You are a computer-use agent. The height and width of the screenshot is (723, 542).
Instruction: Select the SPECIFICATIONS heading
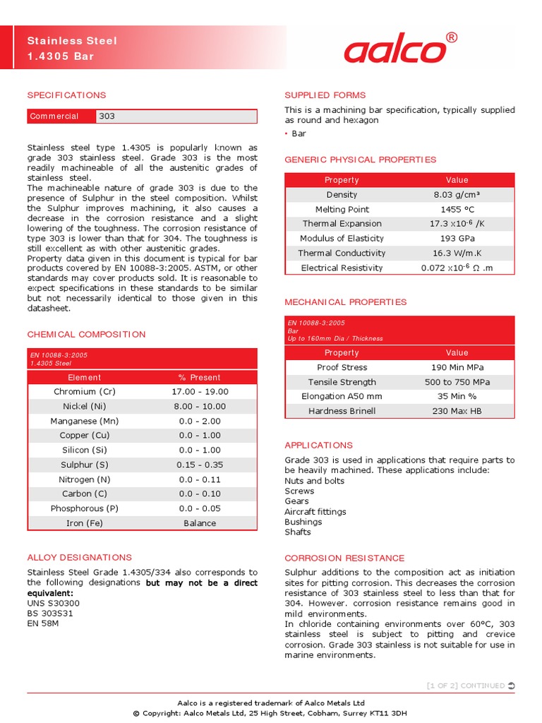66,95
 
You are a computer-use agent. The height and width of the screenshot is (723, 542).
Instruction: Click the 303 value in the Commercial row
107,116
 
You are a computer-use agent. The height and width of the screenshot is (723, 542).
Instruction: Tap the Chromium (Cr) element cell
84,391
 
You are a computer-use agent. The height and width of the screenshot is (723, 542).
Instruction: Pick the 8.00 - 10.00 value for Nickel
200,406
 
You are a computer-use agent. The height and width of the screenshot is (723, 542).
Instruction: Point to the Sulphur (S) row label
84,465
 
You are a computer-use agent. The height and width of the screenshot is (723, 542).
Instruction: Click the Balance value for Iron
200,523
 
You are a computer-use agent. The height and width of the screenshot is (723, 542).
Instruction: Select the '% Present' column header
200,377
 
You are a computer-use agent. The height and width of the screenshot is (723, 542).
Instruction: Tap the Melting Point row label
342,210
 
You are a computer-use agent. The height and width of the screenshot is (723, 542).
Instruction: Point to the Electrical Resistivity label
342,268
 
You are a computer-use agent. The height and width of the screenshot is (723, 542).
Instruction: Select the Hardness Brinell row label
342,411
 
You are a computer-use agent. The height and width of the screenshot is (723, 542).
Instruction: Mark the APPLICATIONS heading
318,446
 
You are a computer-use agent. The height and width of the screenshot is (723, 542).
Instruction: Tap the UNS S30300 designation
54,603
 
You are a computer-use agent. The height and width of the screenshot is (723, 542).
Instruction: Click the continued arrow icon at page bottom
511,686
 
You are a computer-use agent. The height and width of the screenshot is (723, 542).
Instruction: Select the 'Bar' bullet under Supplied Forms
299,133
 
